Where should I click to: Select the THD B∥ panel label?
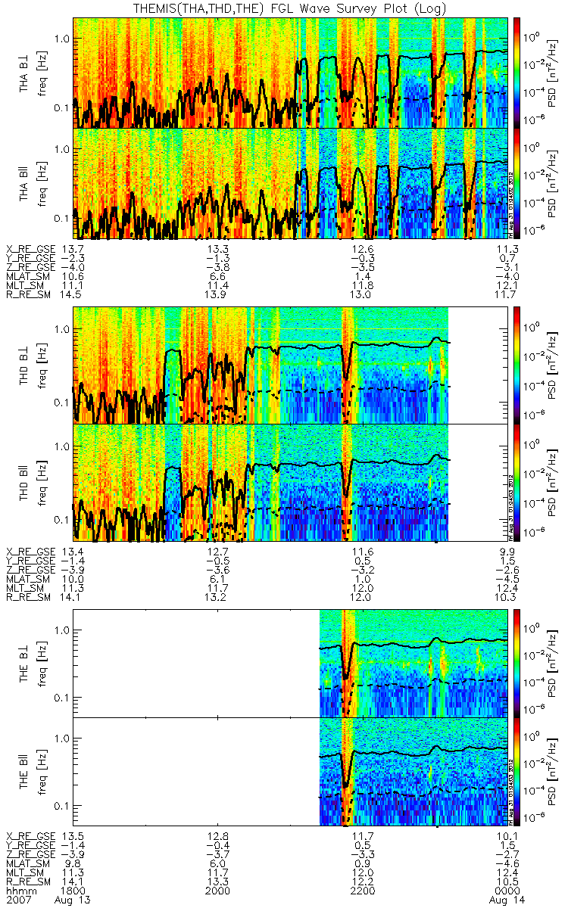[x=25, y=482]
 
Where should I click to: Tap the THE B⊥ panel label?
[x=25, y=663]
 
